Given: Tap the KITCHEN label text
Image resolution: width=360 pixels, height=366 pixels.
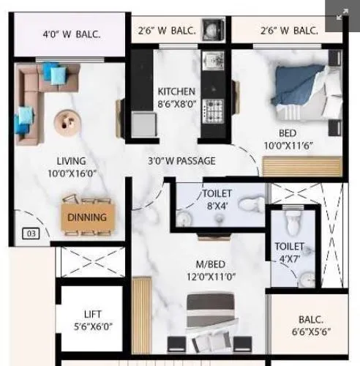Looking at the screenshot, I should click(x=176, y=91).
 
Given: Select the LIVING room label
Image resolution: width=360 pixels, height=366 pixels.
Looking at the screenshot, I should click(x=71, y=161).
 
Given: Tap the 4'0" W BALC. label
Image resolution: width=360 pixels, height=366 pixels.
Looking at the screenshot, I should click(x=71, y=33).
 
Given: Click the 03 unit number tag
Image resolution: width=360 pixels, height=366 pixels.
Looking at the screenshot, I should click(x=30, y=234).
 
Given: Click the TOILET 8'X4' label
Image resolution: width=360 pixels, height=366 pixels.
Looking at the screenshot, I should click(x=217, y=200).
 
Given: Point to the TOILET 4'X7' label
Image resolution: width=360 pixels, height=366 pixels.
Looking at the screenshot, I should click(x=289, y=253).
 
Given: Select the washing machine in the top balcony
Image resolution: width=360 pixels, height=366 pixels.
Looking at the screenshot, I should click(x=212, y=29).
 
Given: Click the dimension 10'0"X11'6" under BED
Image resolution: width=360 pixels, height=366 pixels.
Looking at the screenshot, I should click(x=288, y=146).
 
